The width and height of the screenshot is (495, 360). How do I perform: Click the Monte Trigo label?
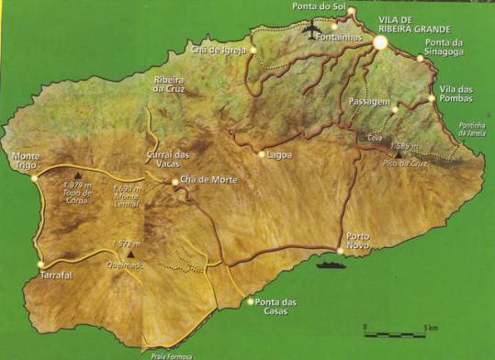point(27,161)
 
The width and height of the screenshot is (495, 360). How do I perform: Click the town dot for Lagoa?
point(262,154)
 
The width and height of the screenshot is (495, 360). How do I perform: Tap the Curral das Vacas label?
point(168,159)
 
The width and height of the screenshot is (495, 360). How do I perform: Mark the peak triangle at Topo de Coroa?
point(78,173)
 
